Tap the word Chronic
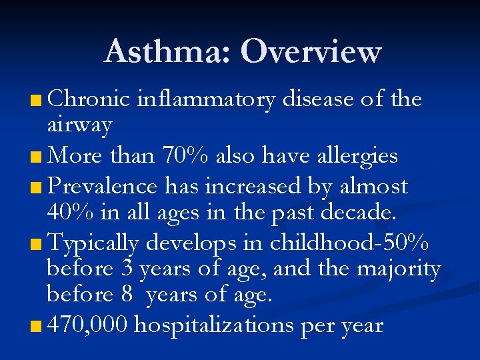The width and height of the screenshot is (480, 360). [x=89, y=99]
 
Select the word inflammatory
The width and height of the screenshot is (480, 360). [x=205, y=100]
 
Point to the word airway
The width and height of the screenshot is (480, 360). [x=79, y=125]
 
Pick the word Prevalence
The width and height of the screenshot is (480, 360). [x=113, y=186]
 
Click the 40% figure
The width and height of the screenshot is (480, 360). [x=71, y=212]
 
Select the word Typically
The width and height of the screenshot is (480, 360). [x=94, y=244]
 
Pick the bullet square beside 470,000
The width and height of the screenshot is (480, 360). [x=35, y=327]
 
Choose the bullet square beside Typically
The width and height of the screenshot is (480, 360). [x=35, y=245]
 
